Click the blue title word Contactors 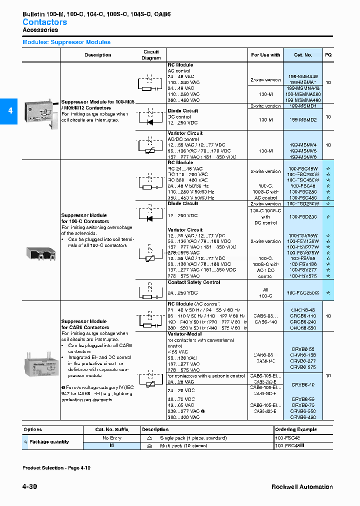(x=44, y=22)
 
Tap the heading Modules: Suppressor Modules (x=66, y=42)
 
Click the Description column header (x=97, y=55)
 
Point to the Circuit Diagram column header (x=151, y=55)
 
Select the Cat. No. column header (x=302, y=55)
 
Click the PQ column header (x=328, y=55)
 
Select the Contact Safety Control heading (x=193, y=282)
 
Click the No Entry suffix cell (x=112, y=437)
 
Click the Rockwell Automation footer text (x=302, y=487)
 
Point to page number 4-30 (x=29, y=487)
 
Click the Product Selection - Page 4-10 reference (x=56, y=467)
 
